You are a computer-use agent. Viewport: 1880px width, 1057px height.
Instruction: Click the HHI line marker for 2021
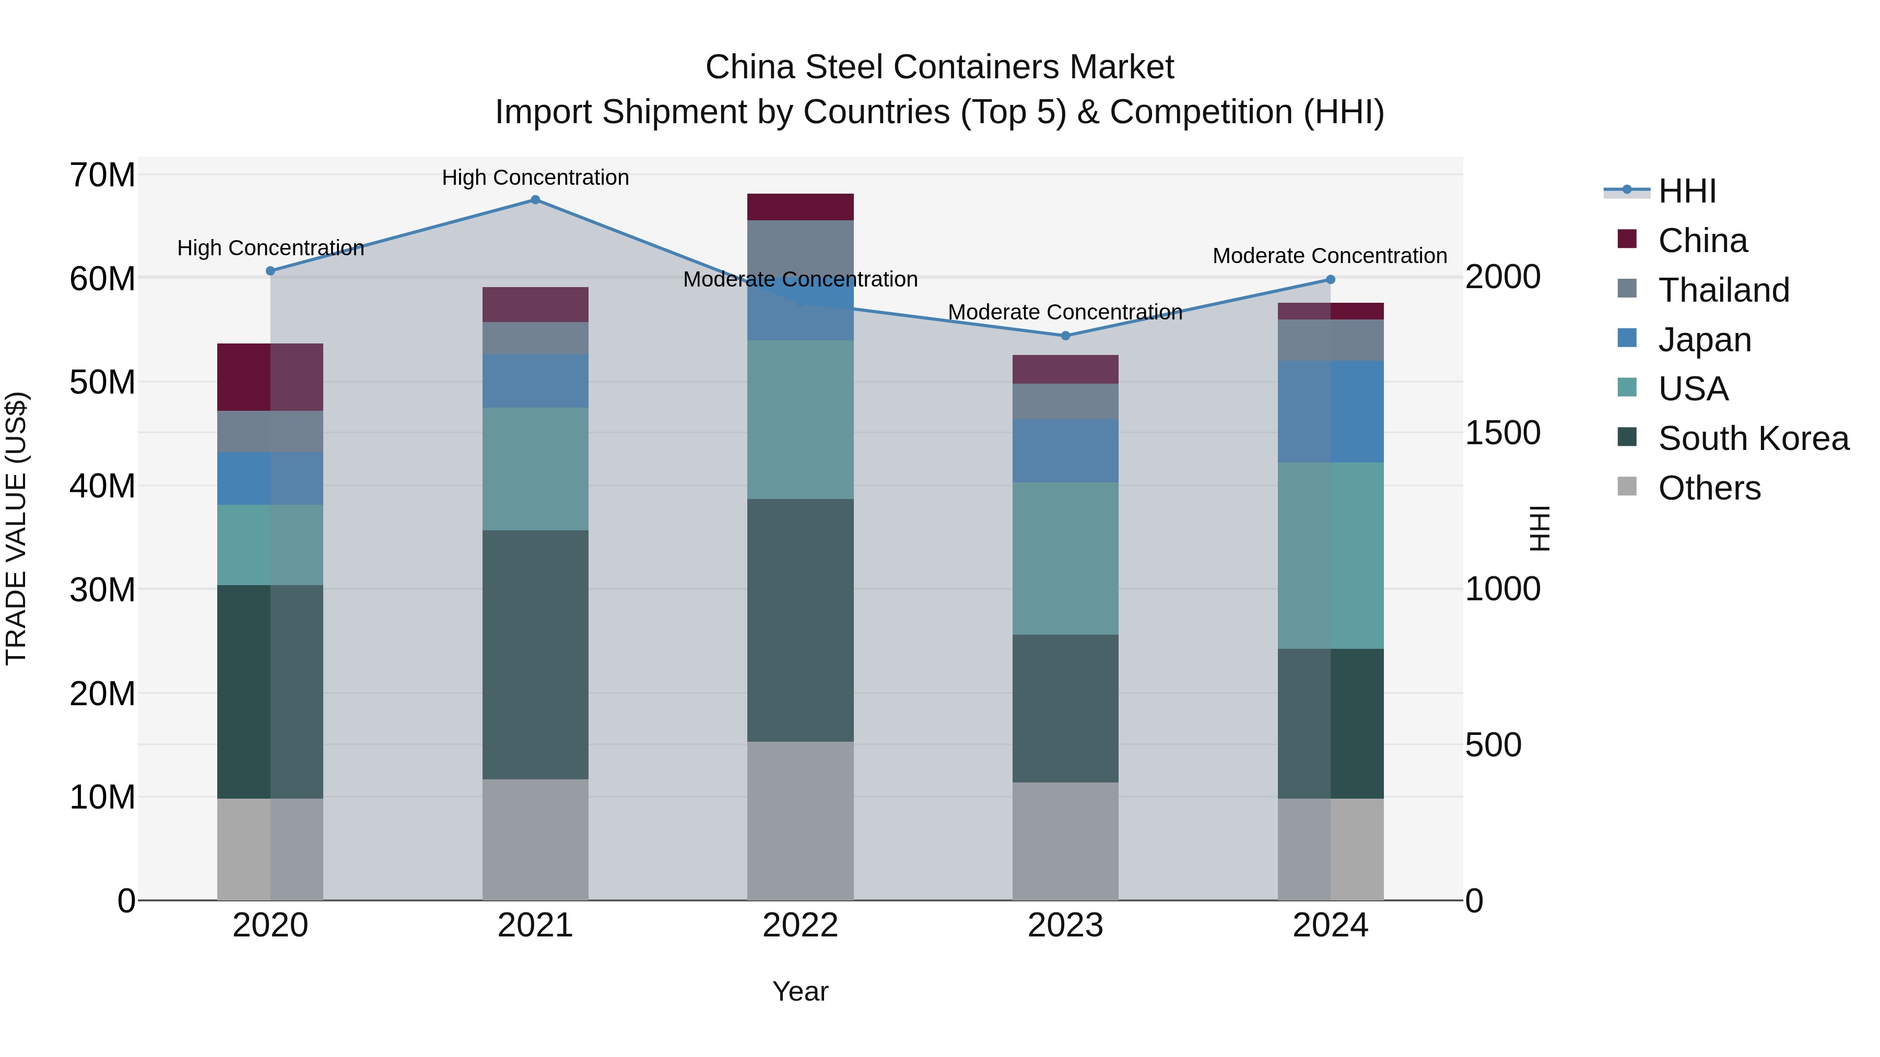pyautogui.click(x=535, y=200)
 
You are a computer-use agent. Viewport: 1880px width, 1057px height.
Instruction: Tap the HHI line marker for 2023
pyautogui.click(x=1065, y=336)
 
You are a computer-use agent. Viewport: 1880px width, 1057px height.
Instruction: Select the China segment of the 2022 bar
pyautogui.click(x=800, y=207)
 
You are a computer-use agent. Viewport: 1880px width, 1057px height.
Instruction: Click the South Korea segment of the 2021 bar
pyautogui.click(x=535, y=655)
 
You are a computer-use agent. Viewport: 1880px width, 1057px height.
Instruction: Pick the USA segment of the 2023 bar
pyautogui.click(x=1065, y=558)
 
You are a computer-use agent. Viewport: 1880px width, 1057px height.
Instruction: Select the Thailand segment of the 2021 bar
pyautogui.click(x=535, y=338)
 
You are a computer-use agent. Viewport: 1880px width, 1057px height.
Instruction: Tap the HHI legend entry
pyautogui.click(x=1686, y=191)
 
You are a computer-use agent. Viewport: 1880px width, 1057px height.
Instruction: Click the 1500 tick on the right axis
pyautogui.click(x=1502, y=433)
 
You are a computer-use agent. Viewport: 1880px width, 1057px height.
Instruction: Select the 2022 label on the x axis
pyautogui.click(x=800, y=925)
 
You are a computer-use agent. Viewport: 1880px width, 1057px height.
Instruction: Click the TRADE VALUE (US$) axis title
pyautogui.click(x=16, y=528)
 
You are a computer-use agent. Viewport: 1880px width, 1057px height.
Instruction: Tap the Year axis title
pyautogui.click(x=800, y=991)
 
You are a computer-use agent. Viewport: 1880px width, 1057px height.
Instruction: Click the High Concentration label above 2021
pyautogui.click(x=535, y=177)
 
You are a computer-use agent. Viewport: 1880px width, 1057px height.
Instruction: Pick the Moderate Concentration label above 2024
pyautogui.click(x=1329, y=256)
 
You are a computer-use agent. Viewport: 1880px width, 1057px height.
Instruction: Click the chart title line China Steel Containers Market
pyautogui.click(x=939, y=67)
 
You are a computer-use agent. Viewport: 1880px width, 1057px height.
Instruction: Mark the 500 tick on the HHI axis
pyautogui.click(x=1493, y=745)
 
